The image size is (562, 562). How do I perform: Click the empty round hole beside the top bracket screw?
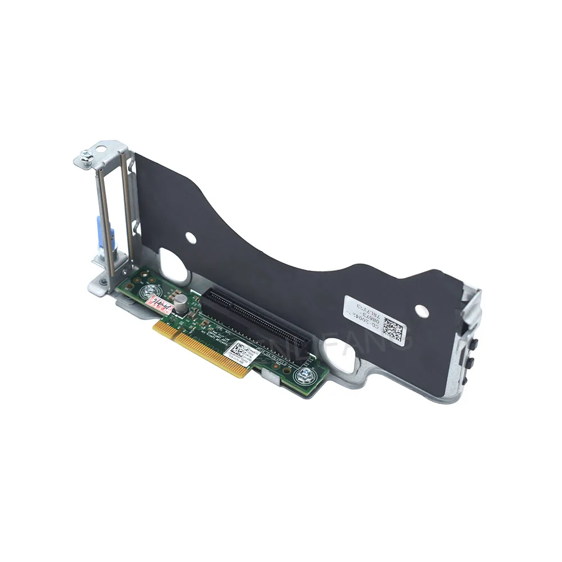coord(101,149)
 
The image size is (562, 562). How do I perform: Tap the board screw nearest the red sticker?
coord(149,291)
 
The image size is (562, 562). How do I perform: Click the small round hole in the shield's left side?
coord(191,238)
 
